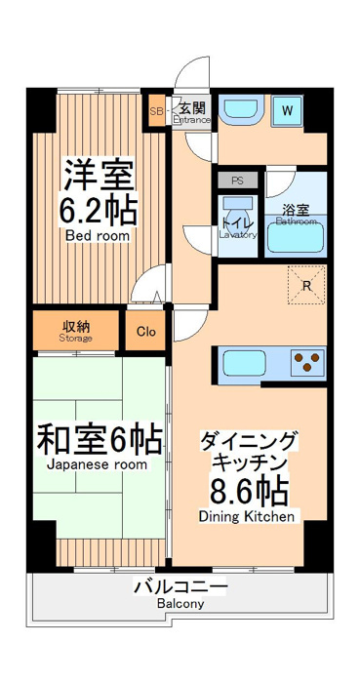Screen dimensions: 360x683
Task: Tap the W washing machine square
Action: tap(287, 110)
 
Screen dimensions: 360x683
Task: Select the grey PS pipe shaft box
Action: tap(237, 181)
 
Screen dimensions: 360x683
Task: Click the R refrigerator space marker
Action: tap(307, 285)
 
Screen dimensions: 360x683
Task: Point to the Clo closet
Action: tap(145, 332)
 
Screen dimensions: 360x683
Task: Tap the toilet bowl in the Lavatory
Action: tap(237, 217)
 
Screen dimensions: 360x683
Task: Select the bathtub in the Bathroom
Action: tap(296, 237)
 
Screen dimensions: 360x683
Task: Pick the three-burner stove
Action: tap(307, 361)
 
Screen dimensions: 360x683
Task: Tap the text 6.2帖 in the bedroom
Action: tap(99, 211)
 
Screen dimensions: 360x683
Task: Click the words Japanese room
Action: tap(97, 464)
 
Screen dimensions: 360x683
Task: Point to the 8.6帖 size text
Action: tap(250, 492)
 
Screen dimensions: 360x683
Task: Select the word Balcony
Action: tap(180, 604)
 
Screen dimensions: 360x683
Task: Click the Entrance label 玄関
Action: tap(192, 106)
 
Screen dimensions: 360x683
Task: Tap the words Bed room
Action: tap(98, 236)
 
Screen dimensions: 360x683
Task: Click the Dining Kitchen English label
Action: tap(247, 517)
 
